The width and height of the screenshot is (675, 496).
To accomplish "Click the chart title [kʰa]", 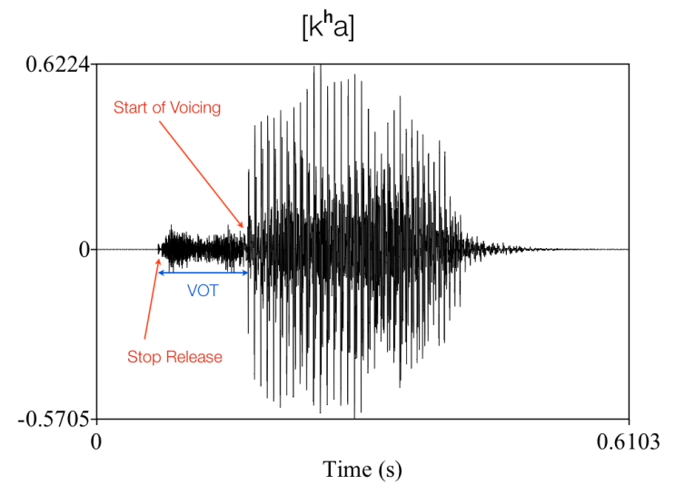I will click(x=328, y=27).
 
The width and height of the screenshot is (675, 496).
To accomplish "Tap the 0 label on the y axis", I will click(x=84, y=249).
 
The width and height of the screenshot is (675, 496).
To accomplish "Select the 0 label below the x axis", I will click(x=96, y=442).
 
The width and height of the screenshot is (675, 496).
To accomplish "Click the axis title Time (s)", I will click(x=362, y=469).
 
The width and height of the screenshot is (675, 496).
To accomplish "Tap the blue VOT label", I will click(x=203, y=291).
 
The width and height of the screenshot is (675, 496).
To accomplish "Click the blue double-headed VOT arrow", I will click(x=203, y=273).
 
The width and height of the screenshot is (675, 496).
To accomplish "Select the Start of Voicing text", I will click(x=167, y=107).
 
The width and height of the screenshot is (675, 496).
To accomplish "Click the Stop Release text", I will click(x=175, y=357).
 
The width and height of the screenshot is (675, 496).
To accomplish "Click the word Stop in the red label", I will click(x=144, y=357).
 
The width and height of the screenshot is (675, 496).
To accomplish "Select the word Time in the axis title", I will click(x=346, y=469).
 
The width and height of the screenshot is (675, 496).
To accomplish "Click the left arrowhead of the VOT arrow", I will click(x=161, y=273).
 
